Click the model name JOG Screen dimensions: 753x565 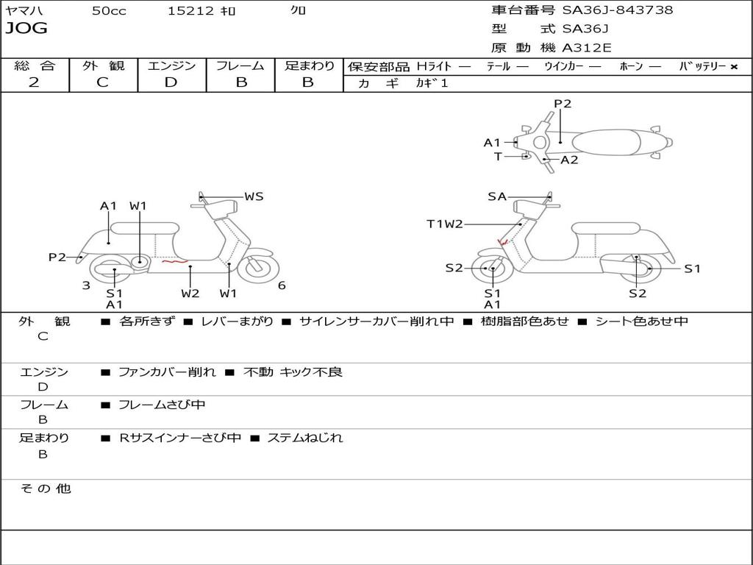point(26,29)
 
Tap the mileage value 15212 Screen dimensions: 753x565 point(190,11)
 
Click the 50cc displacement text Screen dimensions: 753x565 point(109,11)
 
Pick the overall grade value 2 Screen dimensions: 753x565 point(34,82)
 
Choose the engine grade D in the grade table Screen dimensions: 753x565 point(171,82)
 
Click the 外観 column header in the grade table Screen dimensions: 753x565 point(103,66)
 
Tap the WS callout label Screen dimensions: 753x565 point(254,196)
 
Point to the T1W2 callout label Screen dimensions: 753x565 point(445,224)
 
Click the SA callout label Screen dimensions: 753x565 point(497,196)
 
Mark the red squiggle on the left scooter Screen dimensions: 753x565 point(174,261)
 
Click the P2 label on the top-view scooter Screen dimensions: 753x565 point(563,104)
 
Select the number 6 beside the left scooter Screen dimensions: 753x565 point(282,285)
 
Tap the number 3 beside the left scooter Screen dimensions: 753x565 point(86,285)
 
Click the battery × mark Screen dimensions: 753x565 point(733,67)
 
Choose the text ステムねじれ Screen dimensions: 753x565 point(304,438)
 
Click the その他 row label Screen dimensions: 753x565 point(45,488)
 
